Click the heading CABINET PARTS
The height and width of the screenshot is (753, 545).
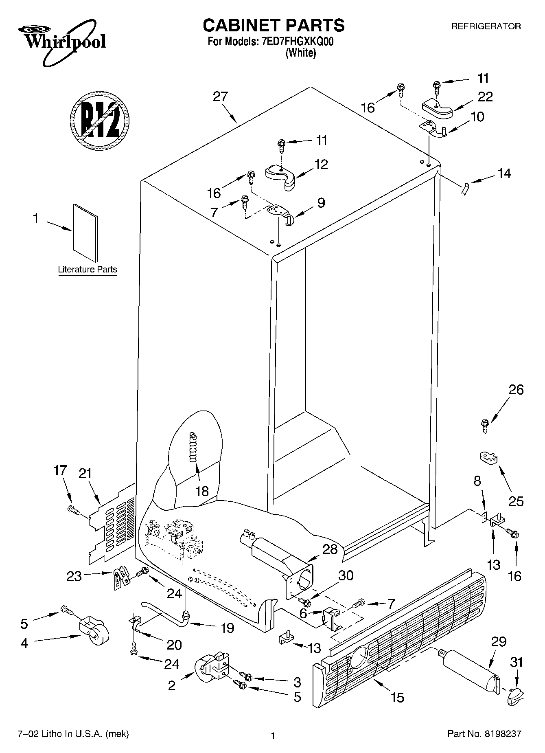(x=274, y=25)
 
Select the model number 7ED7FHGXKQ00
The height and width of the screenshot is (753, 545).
(x=295, y=42)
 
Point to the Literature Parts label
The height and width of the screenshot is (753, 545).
(x=87, y=270)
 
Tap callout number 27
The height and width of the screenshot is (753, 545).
(x=220, y=97)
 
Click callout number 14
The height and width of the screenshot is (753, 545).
(x=504, y=173)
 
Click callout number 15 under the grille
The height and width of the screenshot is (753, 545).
(x=397, y=698)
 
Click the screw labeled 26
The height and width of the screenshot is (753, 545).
(x=485, y=425)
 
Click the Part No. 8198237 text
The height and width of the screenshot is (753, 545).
(x=484, y=735)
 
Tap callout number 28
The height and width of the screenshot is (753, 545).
(x=330, y=549)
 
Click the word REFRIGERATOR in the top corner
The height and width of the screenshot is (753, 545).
(x=486, y=26)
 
